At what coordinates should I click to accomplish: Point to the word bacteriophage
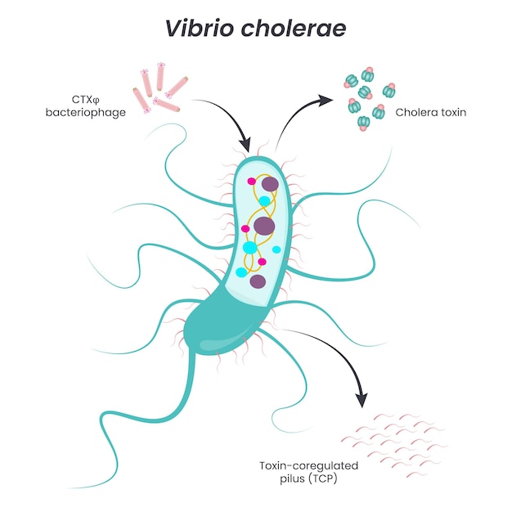coord(86,112)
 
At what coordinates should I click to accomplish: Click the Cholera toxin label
coord(430,112)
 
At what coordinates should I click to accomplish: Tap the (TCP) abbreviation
coord(322,478)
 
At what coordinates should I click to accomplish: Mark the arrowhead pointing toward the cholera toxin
coord(326,100)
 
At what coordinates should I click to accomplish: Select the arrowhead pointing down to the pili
coord(360,400)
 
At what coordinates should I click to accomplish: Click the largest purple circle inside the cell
coord(264,225)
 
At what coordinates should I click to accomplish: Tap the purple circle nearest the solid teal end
coord(258,282)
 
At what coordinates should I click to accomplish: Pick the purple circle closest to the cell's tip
coord(267,184)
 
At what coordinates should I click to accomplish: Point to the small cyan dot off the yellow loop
coord(276,249)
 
